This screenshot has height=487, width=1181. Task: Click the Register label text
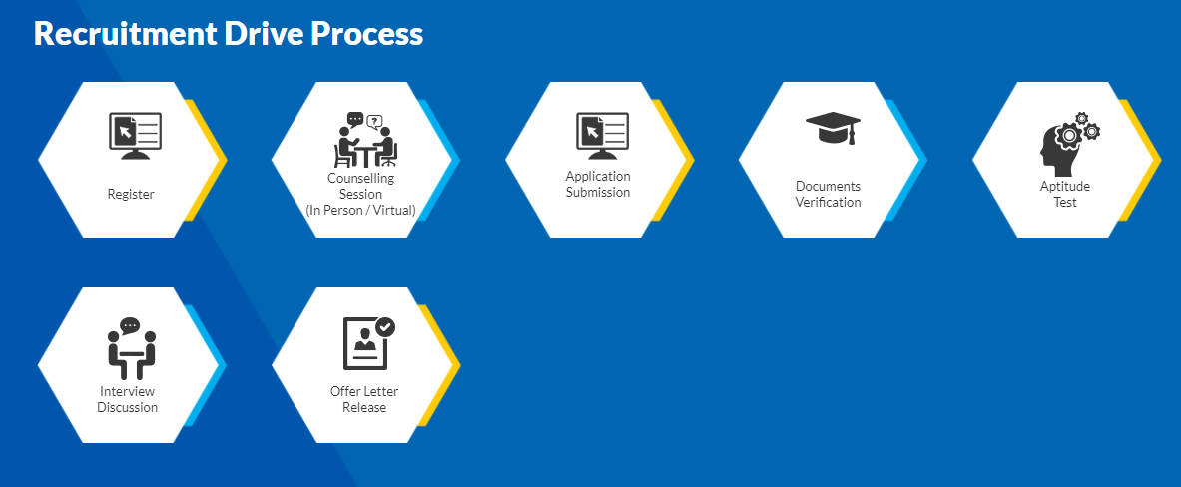pos(131,195)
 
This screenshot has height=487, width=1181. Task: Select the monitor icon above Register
pos(135,136)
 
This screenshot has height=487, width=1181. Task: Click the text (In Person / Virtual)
pos(360,210)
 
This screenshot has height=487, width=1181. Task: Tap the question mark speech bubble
pos(374,121)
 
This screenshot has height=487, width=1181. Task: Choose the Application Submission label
pos(598,185)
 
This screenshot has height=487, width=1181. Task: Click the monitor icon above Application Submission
pos(603,136)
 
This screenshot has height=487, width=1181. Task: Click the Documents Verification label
pos(828,194)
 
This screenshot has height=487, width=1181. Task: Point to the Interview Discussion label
pos(128,400)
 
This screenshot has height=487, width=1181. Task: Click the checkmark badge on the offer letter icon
pos(385,326)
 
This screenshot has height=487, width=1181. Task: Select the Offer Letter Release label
pos(364,400)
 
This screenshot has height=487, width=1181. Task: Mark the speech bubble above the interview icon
pos(130,326)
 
